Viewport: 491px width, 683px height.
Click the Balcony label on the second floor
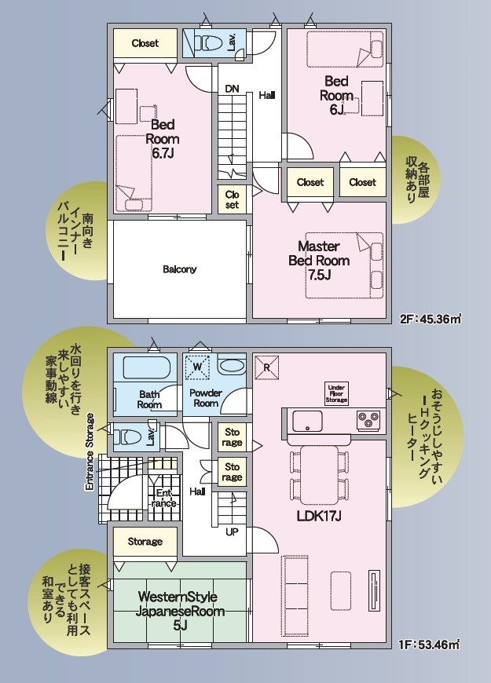tap(180, 269)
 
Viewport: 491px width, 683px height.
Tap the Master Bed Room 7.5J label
tap(319, 261)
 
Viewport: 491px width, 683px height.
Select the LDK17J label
tap(319, 516)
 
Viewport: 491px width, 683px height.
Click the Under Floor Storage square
tap(336, 393)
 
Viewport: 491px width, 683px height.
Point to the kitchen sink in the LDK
tap(308, 421)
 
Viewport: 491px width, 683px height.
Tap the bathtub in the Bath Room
tap(145, 368)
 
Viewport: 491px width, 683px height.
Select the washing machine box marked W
tap(197, 367)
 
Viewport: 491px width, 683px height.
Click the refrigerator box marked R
tap(266, 367)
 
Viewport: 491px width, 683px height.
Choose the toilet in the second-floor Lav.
tap(207, 42)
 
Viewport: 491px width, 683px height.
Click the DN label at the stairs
tap(232, 89)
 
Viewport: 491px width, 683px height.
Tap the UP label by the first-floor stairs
tap(232, 531)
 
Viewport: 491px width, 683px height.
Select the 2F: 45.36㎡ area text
tap(431, 320)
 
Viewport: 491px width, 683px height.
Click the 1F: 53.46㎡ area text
tap(430, 644)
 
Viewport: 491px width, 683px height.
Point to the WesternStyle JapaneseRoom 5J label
tap(180, 611)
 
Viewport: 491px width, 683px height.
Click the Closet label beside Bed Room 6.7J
tap(145, 43)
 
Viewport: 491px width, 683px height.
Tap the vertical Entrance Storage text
tap(90, 452)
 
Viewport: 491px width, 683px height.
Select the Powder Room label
tap(206, 398)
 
